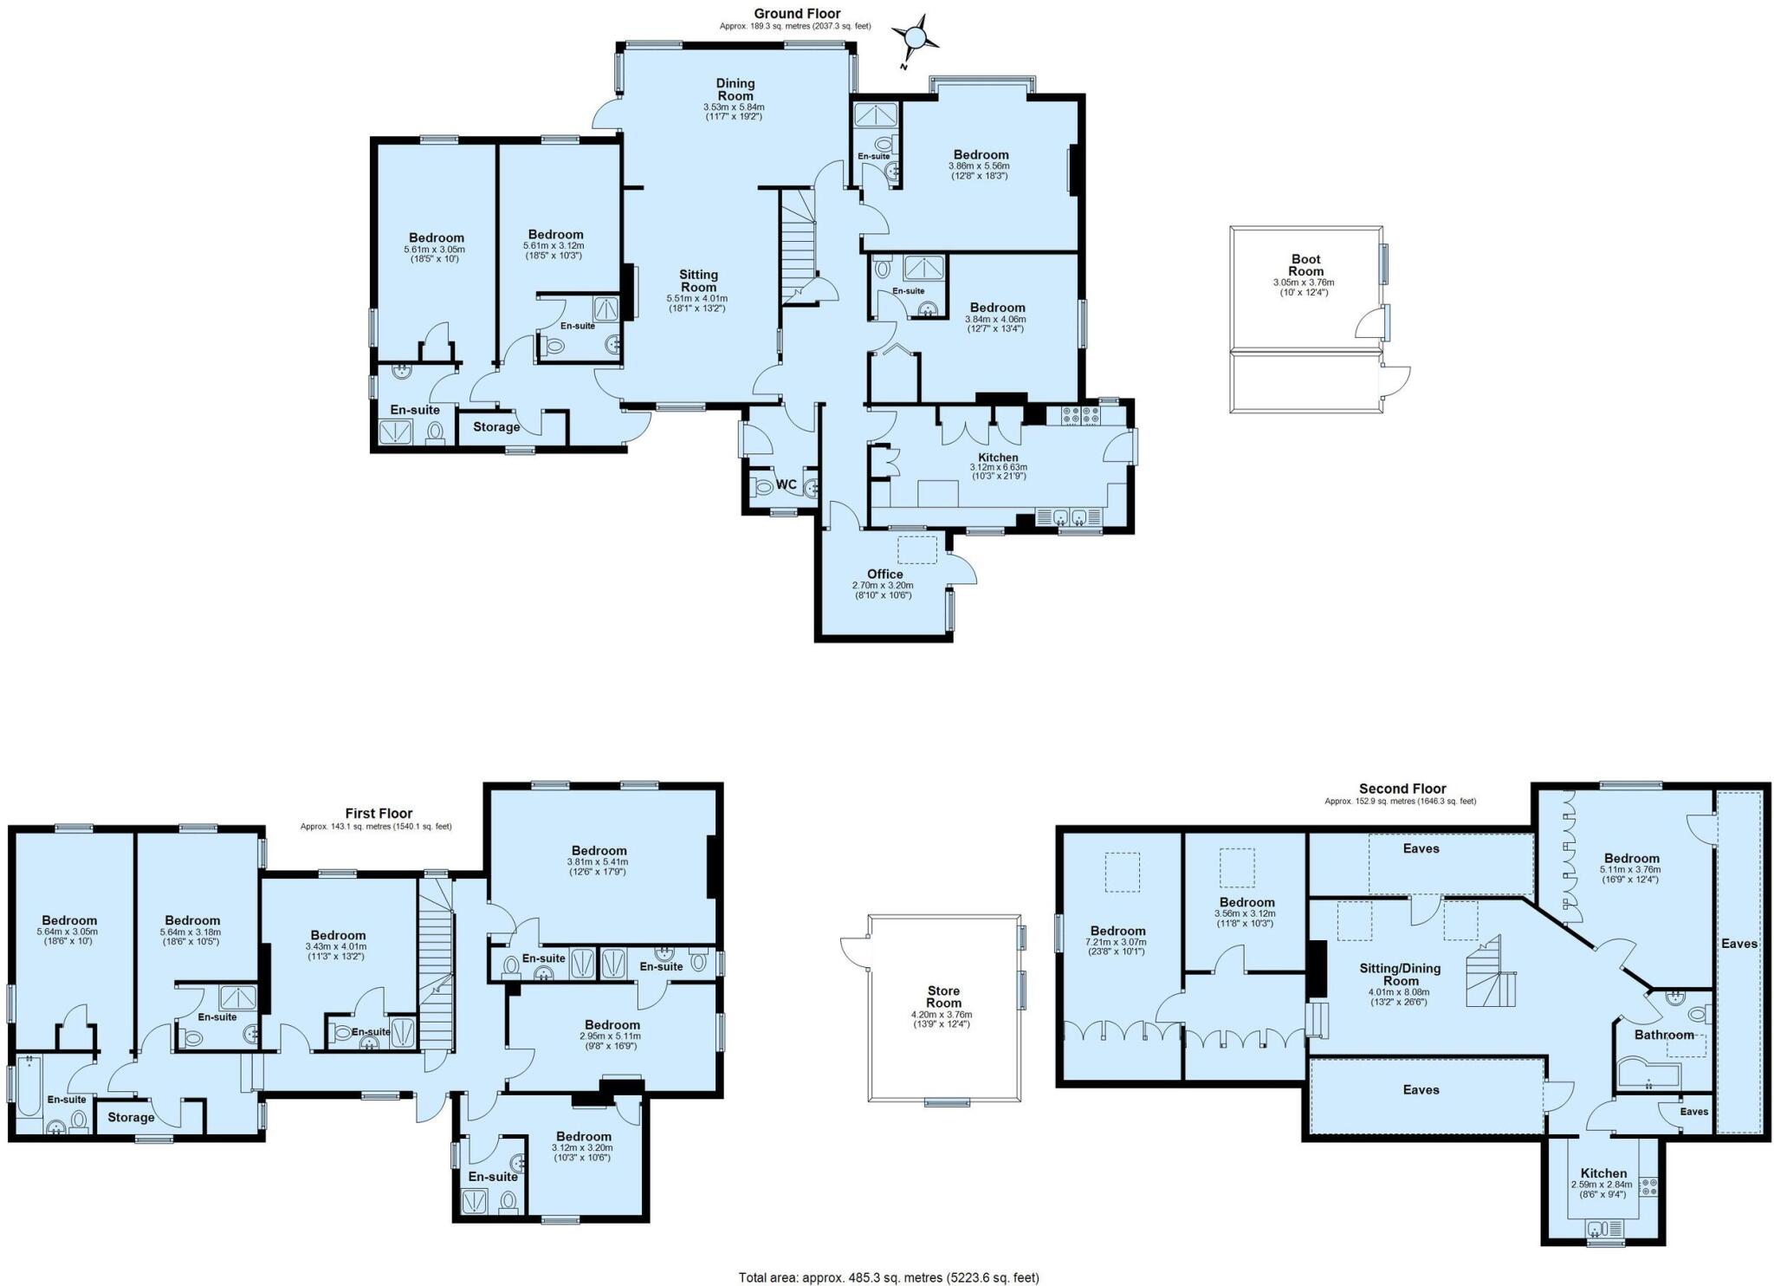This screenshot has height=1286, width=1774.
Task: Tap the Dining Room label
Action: click(x=735, y=89)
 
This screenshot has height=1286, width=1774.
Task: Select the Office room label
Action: click(x=884, y=574)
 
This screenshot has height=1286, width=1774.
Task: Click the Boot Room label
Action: click(x=1305, y=265)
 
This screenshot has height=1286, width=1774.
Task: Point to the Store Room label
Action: click(x=943, y=997)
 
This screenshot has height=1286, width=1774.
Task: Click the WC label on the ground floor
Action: click(x=786, y=484)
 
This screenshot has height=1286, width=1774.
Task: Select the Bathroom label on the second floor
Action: click(x=1663, y=1035)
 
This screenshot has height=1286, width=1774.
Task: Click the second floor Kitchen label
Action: click(x=1603, y=1173)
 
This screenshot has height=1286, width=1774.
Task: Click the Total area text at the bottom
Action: click(x=888, y=1276)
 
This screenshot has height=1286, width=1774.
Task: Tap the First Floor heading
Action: click(x=379, y=813)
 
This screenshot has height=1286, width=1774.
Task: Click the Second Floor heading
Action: click(x=1402, y=789)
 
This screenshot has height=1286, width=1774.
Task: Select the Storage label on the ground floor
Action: click(x=496, y=426)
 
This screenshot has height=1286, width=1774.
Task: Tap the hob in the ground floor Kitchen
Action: click(x=1073, y=416)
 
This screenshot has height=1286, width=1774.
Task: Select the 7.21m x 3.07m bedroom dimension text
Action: click(x=1118, y=941)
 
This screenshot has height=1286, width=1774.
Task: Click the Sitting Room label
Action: click(x=698, y=281)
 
